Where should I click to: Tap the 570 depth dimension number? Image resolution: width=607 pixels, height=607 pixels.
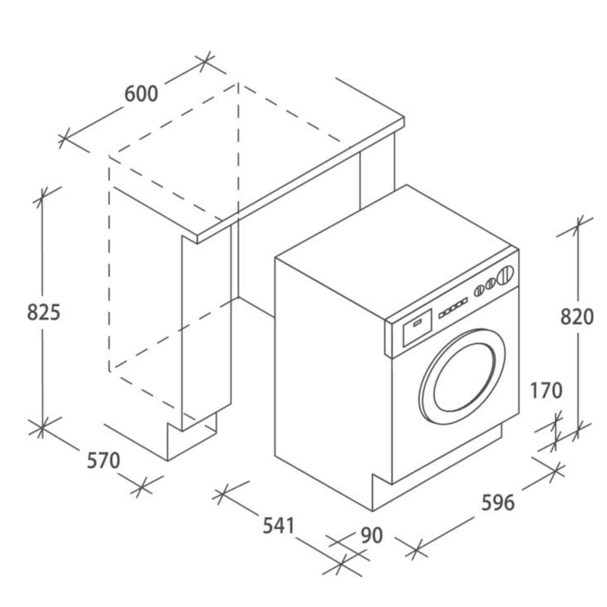[x=103, y=461]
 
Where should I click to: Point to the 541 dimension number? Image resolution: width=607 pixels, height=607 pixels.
[x=278, y=525]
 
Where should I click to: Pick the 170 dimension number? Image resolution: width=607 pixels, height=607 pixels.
[x=546, y=391]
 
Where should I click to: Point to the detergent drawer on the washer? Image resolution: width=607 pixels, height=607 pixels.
[x=417, y=327]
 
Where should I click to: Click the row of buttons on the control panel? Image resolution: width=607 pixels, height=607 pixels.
[x=453, y=305]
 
